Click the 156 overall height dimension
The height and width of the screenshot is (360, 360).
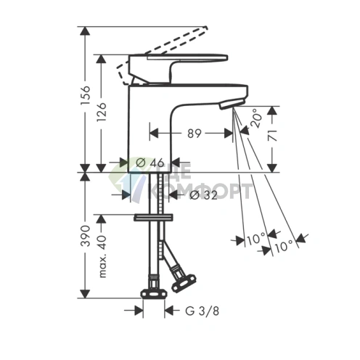[85, 93]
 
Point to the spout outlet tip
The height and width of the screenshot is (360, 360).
[226, 106]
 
